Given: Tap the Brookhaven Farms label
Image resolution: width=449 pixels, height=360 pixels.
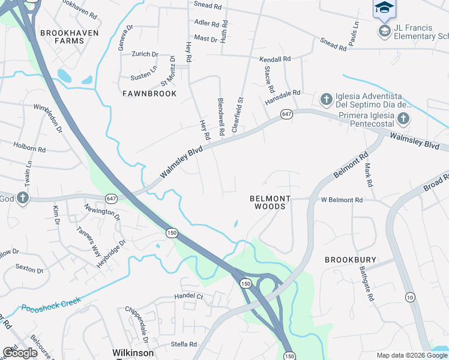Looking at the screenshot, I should tap(65, 37).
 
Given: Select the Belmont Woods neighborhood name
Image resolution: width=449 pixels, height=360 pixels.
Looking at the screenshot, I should tap(270, 202).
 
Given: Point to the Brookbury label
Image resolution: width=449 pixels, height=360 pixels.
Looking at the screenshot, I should tap(351, 260).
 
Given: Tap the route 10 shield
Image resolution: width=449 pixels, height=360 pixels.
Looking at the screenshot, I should tap(410, 298).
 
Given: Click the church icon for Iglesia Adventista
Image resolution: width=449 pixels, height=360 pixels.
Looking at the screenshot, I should tap(326, 98).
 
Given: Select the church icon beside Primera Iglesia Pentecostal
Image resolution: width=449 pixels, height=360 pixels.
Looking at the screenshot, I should tap(403, 118).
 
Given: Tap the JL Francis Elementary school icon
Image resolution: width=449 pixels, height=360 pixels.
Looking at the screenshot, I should tap(384, 30).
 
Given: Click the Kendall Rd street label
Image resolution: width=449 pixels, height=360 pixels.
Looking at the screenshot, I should tap(275, 59).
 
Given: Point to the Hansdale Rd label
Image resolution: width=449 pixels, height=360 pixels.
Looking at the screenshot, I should tap(283, 94).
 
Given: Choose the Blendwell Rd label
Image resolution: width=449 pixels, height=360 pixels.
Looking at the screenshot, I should tap(221, 116).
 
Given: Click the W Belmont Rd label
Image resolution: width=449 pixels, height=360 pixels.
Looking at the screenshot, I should tap(342, 200).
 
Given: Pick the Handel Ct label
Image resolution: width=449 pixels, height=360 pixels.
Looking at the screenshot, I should tap(190, 296).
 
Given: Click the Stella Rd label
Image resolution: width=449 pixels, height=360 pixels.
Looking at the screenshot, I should tap(184, 344).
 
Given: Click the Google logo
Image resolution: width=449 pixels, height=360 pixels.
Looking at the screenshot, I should tap(20, 353).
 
